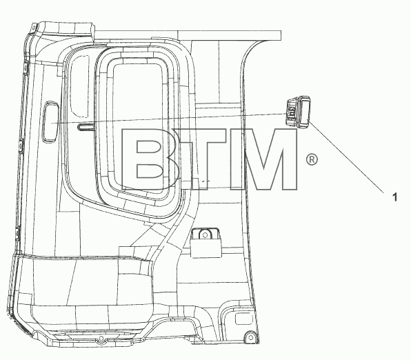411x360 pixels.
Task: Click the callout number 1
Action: tap(394, 197)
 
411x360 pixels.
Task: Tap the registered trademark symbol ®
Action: tap(312, 159)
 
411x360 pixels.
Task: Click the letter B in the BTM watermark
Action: tap(150, 159)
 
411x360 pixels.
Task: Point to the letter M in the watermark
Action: tap(263, 159)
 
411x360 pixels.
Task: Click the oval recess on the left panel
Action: tap(51, 122)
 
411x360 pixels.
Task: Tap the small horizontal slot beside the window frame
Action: tap(86, 127)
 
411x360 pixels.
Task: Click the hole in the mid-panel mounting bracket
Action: tap(205, 235)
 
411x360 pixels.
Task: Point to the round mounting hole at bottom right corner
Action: tap(250, 337)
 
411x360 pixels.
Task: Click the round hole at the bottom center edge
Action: tap(101, 339)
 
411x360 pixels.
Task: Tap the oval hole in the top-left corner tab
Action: tap(33, 28)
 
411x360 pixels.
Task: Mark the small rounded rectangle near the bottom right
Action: tap(241, 319)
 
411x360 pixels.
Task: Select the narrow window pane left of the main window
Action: tap(80, 86)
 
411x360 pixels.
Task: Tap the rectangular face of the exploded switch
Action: tap(304, 112)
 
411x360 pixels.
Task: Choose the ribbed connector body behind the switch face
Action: tap(292, 112)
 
